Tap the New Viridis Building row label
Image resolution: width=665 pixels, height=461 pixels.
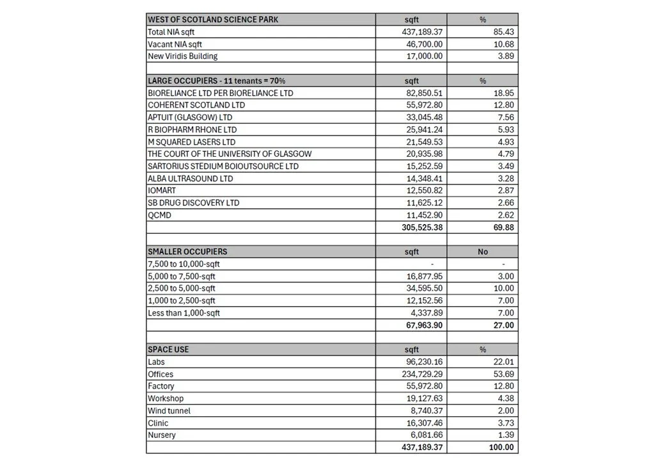[x=183, y=56]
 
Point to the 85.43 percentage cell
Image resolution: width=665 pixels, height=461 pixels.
[x=504, y=32]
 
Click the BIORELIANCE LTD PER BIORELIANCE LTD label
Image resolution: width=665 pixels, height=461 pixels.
[x=221, y=93]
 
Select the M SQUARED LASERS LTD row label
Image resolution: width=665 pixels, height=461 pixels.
[x=192, y=142]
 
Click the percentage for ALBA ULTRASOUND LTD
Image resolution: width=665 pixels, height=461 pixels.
[x=506, y=178]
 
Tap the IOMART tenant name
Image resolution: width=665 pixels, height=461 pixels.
[x=162, y=190]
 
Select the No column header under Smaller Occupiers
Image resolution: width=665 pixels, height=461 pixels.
[x=483, y=252]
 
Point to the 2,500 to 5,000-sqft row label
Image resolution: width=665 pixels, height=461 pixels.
[x=182, y=288]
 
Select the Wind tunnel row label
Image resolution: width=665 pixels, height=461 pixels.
[x=169, y=410]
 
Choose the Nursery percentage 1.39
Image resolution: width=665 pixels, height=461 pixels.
[x=506, y=435]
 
